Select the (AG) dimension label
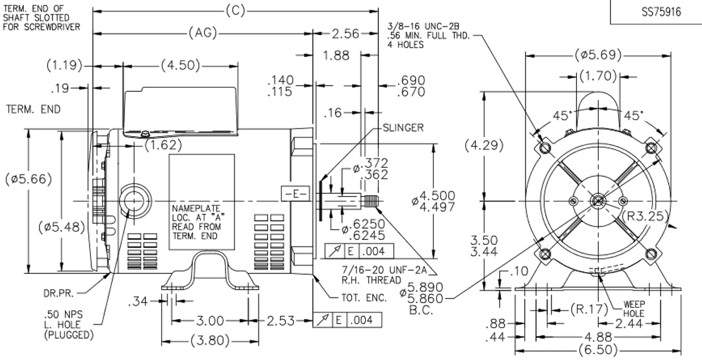click(x=202, y=33)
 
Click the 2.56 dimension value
click(x=346, y=33)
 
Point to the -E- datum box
click(x=295, y=194)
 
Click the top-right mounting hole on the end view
click(x=651, y=148)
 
